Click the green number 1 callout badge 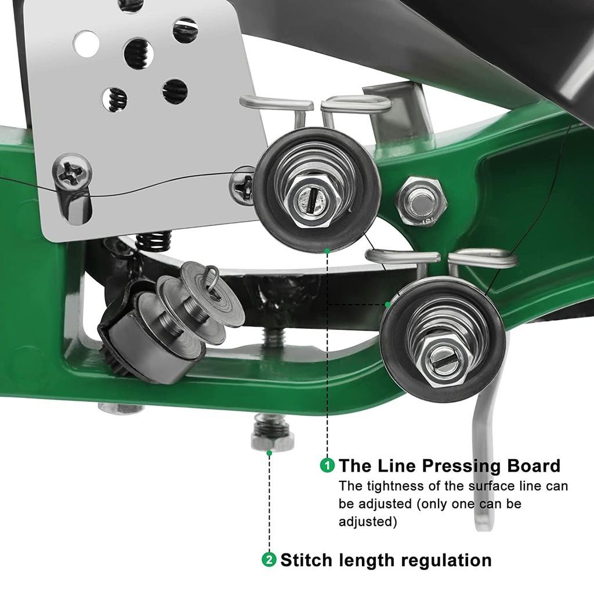point(328,465)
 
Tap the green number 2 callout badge point(269,560)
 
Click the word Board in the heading point(533,466)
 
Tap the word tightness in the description point(390,486)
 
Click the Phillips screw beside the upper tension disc point(242,185)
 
